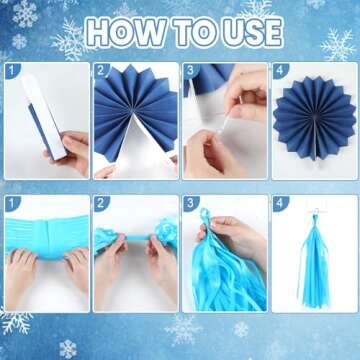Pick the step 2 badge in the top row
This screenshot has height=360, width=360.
coord(101,72)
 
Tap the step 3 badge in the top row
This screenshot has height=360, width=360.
coord(191,72)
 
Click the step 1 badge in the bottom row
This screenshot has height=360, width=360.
coord(12,203)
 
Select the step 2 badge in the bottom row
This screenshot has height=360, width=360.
coord(101,203)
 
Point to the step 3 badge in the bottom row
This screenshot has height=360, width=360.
coord(191,203)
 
